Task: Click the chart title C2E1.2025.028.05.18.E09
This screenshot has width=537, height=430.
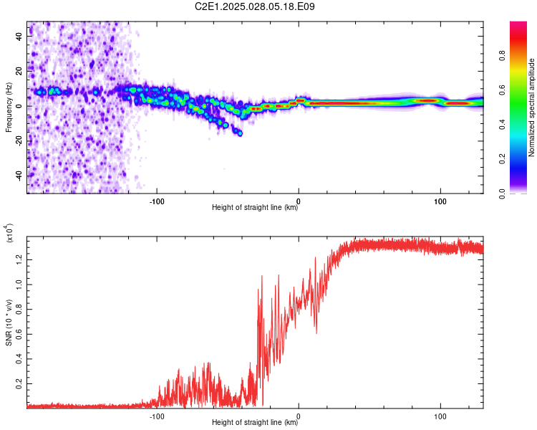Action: [254, 6]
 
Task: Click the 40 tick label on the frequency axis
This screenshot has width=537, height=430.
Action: [19, 37]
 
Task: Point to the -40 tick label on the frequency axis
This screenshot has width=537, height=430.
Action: [19, 176]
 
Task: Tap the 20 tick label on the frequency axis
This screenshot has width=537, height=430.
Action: [19, 71]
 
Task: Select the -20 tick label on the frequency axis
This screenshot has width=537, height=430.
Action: [19, 141]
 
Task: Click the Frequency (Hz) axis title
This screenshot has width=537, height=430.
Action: [9, 107]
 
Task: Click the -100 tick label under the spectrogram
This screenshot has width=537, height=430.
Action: [157, 201]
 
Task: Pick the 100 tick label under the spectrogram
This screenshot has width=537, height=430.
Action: [440, 201]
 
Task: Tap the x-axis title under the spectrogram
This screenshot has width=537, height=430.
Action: [255, 207]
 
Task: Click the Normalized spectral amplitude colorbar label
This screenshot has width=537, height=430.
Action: [531, 107]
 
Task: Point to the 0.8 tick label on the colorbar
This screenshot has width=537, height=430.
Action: [503, 56]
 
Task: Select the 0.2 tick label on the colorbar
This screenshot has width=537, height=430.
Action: [503, 159]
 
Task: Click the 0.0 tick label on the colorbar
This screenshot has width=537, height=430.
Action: [503, 193]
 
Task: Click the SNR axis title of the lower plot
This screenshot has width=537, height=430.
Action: [9, 322]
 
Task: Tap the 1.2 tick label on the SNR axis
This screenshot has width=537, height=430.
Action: [19, 259]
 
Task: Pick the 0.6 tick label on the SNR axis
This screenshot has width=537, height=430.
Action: [19, 335]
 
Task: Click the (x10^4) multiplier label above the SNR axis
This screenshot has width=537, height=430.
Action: [9, 233]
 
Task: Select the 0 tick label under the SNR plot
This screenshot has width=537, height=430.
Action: [299, 416]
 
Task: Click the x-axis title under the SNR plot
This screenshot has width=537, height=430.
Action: [255, 422]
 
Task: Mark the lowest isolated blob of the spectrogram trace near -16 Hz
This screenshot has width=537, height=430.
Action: [240, 133]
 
